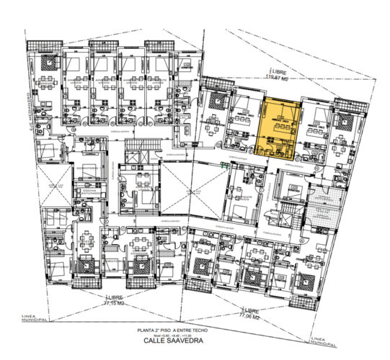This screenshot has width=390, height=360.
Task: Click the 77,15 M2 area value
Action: [115, 304]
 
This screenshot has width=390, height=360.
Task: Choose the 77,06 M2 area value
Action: [249, 315]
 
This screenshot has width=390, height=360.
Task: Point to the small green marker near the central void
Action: [222, 166]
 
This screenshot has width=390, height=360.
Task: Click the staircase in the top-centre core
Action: [135, 152]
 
